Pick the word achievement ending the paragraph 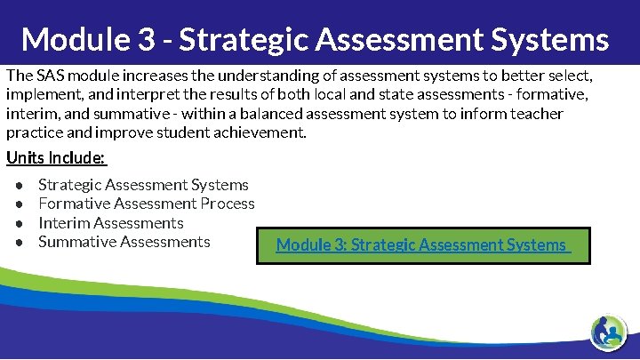(262, 133)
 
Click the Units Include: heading (56, 158)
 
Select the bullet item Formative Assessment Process (147, 204)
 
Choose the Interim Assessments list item (111, 223)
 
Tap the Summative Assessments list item (124, 242)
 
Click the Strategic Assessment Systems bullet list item (143, 185)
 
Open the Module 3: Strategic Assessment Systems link (421, 244)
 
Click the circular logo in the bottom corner (609, 334)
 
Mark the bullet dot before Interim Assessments (20, 223)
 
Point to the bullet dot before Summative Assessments (20, 242)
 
